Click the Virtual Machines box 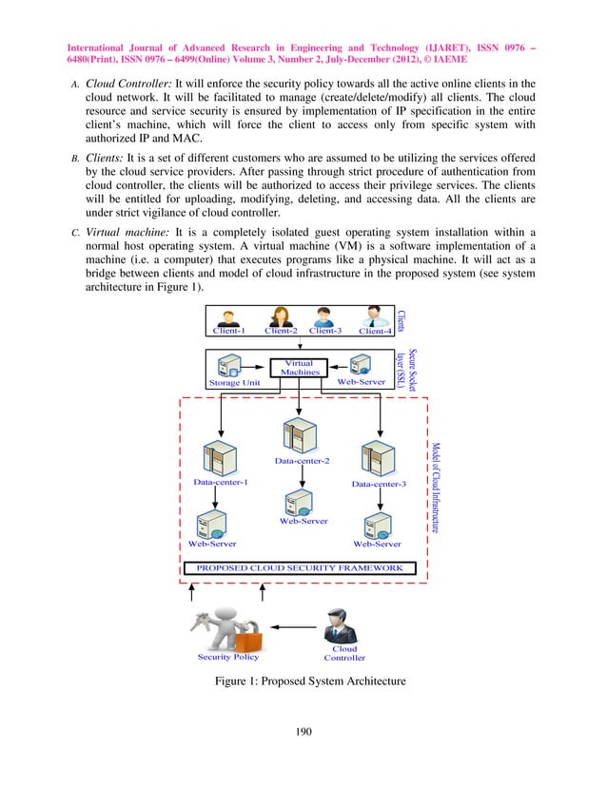tap(300, 367)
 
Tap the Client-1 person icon tap(228, 317)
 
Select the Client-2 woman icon tap(281, 316)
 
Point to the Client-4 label tap(376, 331)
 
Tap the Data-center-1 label tap(221, 483)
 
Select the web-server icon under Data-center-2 tap(303, 500)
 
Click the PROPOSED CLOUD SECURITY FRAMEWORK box tap(300, 568)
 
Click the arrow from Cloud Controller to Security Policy tap(294, 628)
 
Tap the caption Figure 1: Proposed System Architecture tap(311, 681)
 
